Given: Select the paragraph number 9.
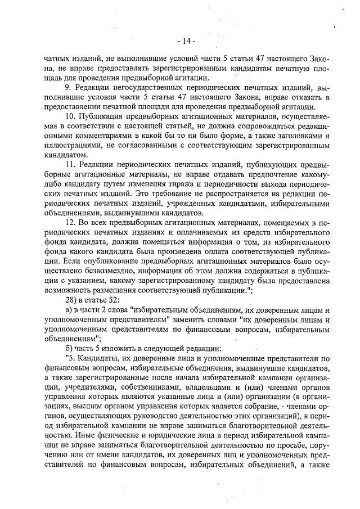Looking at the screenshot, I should [68, 88].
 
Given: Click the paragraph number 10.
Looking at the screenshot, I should [70, 116].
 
